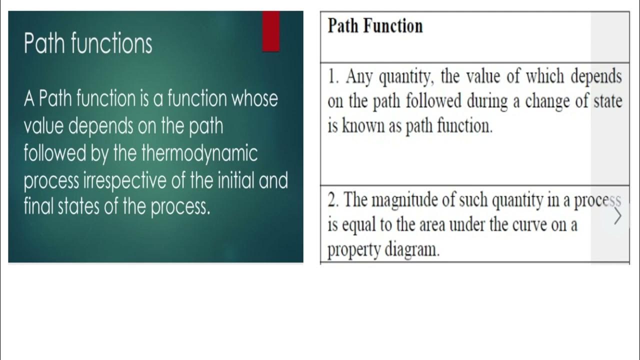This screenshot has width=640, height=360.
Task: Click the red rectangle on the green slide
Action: point(270,31)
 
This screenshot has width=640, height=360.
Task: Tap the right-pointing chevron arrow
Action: point(618,216)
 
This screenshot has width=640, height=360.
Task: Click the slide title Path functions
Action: point(88,44)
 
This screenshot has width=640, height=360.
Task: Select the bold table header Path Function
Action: point(375,26)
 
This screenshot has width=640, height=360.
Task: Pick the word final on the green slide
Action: point(38,206)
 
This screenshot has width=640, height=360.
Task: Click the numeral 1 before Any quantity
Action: point(332,77)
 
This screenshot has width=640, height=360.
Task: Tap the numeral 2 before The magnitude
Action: point(332,200)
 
